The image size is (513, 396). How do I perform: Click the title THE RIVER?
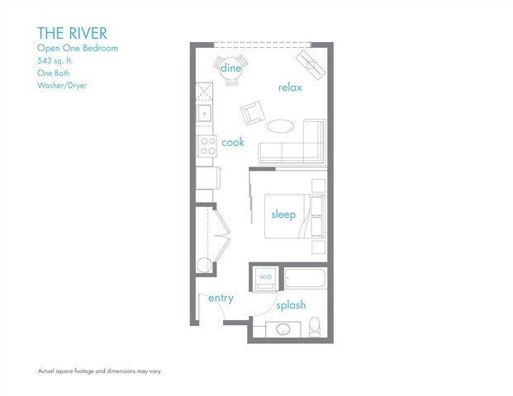[x=72, y=33]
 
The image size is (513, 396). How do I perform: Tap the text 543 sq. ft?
[x=55, y=61]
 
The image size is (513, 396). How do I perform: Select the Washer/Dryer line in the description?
[x=62, y=86]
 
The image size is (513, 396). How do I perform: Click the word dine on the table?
[x=230, y=68]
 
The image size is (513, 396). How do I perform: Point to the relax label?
[x=290, y=87]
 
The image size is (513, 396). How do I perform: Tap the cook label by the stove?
[x=233, y=142]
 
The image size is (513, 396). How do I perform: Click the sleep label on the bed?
[x=283, y=214]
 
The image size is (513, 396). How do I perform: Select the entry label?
[x=221, y=298]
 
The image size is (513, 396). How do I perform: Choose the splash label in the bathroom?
[x=291, y=305]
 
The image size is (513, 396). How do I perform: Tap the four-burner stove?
[x=207, y=146]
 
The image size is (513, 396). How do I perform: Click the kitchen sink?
[x=204, y=113]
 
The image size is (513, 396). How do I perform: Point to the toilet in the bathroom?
[x=315, y=327]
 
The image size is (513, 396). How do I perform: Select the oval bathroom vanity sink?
[x=283, y=329]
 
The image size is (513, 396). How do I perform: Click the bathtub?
[x=305, y=278]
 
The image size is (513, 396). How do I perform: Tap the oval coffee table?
[x=280, y=125]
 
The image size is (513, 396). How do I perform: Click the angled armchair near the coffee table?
[x=253, y=113]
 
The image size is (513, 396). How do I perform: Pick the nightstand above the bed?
[x=318, y=186]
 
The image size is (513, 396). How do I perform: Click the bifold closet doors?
[x=222, y=235]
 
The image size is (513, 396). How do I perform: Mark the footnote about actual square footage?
[x=100, y=371]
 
